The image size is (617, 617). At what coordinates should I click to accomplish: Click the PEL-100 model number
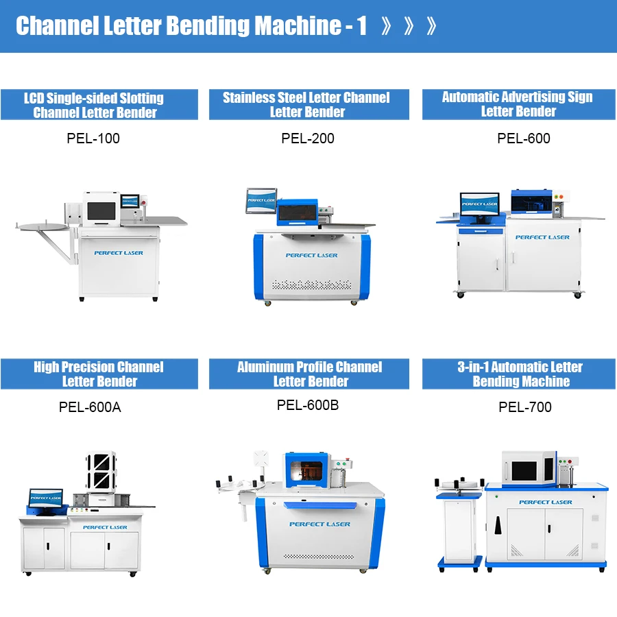pyautogui.click(x=93, y=138)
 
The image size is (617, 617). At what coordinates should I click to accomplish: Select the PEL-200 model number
pyautogui.click(x=308, y=138)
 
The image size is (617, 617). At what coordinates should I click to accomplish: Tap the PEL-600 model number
pyautogui.click(x=524, y=138)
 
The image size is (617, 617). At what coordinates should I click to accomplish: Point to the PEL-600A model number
pyautogui.click(x=90, y=407)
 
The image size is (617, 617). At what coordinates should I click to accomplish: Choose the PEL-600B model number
pyautogui.click(x=308, y=405)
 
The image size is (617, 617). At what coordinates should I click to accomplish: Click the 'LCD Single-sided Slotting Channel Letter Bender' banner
pyautogui.click(x=99, y=105)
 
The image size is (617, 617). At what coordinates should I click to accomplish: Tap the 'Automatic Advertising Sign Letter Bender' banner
pyautogui.click(x=518, y=104)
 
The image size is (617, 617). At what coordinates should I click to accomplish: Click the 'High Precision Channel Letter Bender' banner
pyautogui.click(x=99, y=374)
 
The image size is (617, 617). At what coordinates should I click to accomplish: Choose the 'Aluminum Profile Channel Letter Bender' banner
pyautogui.click(x=310, y=374)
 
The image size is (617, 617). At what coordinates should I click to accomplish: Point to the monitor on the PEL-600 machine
pyautogui.click(x=479, y=205)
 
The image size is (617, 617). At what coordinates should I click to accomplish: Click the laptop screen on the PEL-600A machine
pyautogui.click(x=46, y=498)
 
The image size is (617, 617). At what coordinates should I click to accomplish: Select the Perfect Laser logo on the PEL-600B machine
pyautogui.click(x=319, y=524)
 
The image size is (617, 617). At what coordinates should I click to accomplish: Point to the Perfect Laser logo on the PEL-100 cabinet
pyautogui.click(x=119, y=253)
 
